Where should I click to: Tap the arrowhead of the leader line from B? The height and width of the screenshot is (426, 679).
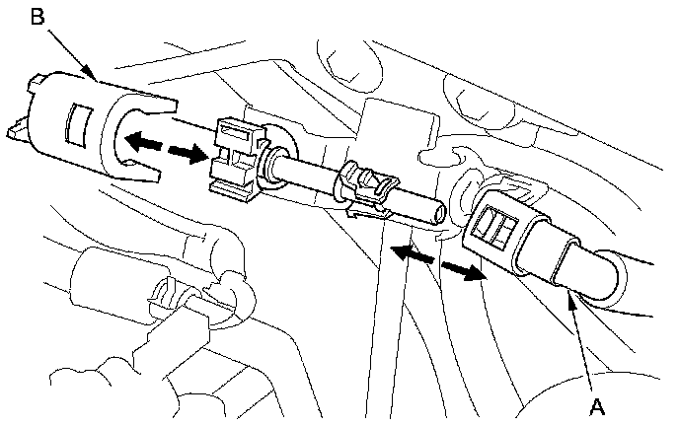coord(94,77)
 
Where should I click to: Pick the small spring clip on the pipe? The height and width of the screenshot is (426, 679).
coord(369,188)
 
